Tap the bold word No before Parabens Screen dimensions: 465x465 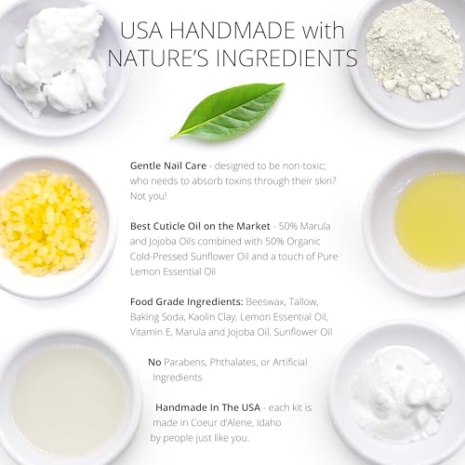point(154,362)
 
